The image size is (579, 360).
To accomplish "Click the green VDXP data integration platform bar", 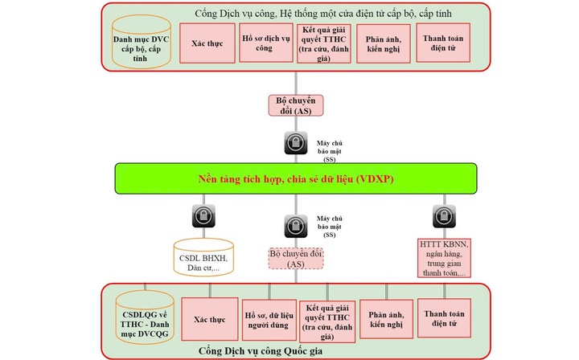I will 295,178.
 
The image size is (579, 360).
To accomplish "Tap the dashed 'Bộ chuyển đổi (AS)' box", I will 295,256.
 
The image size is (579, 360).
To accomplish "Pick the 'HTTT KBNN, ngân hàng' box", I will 443,256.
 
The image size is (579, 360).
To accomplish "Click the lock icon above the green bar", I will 295,144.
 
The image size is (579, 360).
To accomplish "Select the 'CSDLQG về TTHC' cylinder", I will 145,316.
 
